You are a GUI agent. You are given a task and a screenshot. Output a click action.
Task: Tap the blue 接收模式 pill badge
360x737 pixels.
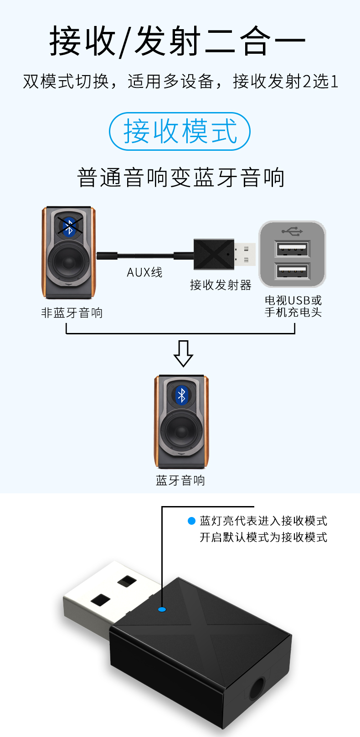[x=180, y=131]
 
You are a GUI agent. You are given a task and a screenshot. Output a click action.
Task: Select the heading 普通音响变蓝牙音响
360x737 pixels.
[x=180, y=177]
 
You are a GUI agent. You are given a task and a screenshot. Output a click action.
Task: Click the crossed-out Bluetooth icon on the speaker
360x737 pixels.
[x=69, y=226]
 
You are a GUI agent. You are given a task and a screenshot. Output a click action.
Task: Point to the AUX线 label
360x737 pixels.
[x=144, y=272]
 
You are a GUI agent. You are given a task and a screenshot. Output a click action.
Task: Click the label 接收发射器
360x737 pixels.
[x=221, y=285]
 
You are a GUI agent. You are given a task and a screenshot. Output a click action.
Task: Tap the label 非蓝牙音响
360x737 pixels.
[x=72, y=313]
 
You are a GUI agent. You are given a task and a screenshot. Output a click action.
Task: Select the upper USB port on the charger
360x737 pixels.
[x=293, y=250]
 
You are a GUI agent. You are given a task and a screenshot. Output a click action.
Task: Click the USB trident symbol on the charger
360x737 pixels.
[x=292, y=231]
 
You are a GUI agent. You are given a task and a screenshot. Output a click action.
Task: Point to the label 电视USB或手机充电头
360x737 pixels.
[x=293, y=306]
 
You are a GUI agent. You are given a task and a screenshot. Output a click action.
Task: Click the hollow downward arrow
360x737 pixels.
[x=183, y=353]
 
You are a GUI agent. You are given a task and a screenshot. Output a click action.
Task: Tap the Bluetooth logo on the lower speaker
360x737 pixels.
[x=182, y=395]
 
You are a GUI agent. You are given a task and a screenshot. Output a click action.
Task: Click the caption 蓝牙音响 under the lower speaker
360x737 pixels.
[x=180, y=480]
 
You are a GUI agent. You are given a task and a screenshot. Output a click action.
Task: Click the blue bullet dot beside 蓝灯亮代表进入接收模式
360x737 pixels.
[x=191, y=521]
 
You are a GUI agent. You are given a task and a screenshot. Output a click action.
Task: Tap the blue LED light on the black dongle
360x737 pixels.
[x=162, y=609]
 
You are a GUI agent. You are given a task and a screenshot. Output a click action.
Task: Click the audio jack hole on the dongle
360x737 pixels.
[x=257, y=686]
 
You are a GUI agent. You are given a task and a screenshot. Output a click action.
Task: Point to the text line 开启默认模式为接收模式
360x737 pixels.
[x=263, y=537]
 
